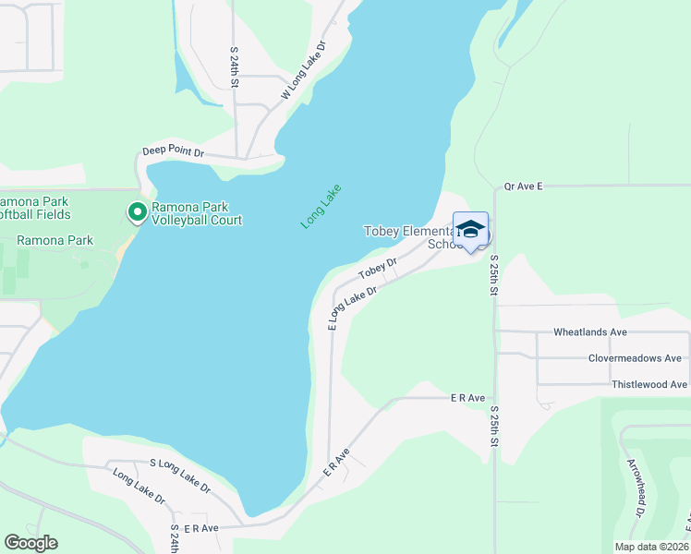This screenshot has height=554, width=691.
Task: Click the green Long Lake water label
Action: click(321, 207)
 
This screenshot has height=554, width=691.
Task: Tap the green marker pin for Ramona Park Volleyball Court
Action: click(137, 213)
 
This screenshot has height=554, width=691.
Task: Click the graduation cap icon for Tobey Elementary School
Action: click(470, 230)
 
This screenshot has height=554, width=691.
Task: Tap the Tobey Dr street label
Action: click(378, 268)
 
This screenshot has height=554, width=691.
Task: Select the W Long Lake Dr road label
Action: click(304, 71)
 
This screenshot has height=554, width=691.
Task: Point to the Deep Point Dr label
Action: click(173, 151)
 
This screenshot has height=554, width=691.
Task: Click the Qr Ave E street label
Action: click(523, 186)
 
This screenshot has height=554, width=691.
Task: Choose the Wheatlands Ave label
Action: click(589, 331)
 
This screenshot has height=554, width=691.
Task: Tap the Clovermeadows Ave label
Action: click(635, 358)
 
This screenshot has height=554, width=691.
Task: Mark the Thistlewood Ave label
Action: click(649, 384)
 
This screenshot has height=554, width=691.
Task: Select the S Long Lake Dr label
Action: click(179, 474)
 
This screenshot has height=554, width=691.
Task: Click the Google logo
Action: click(30, 543)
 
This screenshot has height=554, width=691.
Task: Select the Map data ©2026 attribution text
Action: click(650, 547)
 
